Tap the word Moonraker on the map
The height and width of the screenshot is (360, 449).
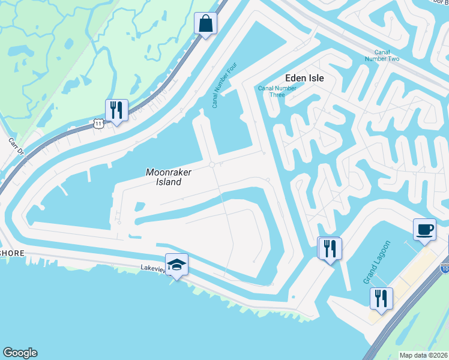click(169, 172)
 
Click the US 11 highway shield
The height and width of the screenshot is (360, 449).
click(99, 122)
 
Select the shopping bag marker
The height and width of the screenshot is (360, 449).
click(205, 24)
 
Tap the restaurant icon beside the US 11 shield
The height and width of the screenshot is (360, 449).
click(115, 110)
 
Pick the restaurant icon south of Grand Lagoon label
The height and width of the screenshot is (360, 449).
click(381, 298)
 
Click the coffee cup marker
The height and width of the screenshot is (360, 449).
click(424, 229)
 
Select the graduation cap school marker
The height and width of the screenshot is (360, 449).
click(177, 264)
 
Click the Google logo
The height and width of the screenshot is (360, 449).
click(20, 353)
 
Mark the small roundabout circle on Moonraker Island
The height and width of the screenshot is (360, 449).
click(212, 165)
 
